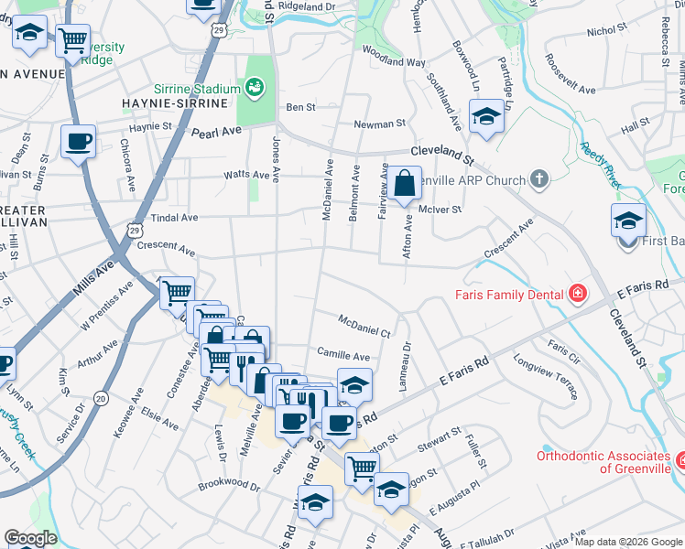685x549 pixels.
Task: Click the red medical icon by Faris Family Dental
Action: pyautogui.click(x=578, y=294)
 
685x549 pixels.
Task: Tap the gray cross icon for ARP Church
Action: pyautogui.click(x=539, y=179)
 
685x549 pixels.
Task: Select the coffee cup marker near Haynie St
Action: pyautogui.click(x=78, y=142)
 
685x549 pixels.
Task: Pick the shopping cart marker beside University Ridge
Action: pyautogui.click(x=72, y=40)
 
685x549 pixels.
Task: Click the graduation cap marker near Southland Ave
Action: pyautogui.click(x=486, y=116)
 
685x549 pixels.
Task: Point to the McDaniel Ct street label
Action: pyautogui.click(x=364, y=326)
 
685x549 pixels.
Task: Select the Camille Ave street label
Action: pyautogui.click(x=342, y=355)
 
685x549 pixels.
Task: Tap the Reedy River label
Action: pyautogui.click(x=600, y=166)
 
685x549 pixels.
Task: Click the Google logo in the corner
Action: pyautogui.click(x=30, y=538)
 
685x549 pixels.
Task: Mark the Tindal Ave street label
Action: pyautogui.click(x=175, y=218)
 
